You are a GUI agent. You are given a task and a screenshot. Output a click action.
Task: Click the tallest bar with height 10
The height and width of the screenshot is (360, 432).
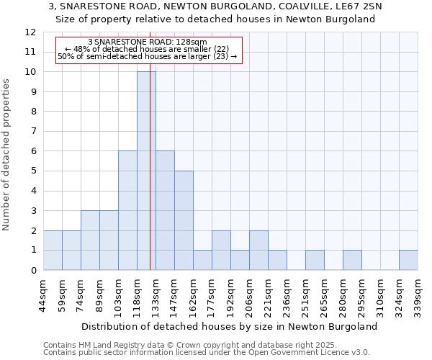point(146,171)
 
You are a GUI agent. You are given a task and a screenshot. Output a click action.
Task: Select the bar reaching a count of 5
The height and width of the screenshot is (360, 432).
point(184,220)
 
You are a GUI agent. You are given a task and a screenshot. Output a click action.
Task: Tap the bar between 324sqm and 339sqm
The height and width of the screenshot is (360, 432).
point(408,260)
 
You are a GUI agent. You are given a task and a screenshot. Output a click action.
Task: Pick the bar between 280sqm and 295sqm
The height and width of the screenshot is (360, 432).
point(352,260)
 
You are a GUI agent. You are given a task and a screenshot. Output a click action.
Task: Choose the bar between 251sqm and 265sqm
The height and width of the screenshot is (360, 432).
point(315,260)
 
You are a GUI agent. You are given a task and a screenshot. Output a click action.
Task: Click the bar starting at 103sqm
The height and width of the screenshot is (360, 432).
point(127,210)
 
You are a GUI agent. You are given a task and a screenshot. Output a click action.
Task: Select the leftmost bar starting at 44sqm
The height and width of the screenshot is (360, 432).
point(53,250)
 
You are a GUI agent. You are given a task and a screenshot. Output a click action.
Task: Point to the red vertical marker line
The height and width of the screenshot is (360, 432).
point(150,180)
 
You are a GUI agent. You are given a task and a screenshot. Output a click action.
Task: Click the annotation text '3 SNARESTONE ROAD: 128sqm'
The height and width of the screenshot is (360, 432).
point(147,42)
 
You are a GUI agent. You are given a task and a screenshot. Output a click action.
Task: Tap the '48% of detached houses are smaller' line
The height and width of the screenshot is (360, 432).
point(147,49)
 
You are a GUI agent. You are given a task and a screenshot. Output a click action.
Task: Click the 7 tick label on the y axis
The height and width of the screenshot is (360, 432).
point(33,132)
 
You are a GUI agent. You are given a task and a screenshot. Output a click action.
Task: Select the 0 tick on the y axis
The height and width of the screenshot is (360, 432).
point(33,271)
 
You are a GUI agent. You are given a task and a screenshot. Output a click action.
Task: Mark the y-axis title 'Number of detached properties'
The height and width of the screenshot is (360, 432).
point(7,155)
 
